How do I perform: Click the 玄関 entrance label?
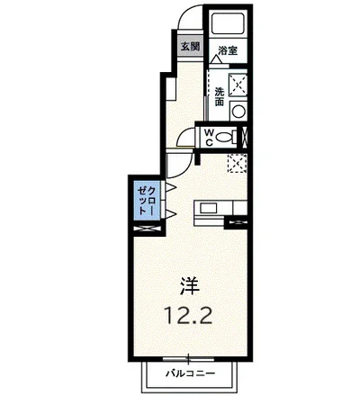click(190, 47)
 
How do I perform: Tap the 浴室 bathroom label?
click(228, 50)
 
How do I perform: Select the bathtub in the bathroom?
click(228, 23)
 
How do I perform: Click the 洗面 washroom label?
click(220, 96)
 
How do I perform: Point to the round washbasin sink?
click(238, 112)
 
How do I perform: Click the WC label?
click(209, 138)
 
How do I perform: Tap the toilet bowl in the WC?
click(224, 138)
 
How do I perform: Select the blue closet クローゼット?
click(147, 200)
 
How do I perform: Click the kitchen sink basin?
click(209, 208)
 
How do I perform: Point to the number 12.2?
click(189, 314)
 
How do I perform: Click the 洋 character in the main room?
click(190, 285)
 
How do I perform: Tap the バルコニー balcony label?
click(191, 373)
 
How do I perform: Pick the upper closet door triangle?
click(170, 188)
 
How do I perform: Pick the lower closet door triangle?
click(170, 214)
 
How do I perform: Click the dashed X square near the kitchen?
click(238, 164)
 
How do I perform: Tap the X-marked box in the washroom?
click(238, 85)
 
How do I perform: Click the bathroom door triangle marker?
click(216, 59)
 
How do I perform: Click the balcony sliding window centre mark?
click(188, 358)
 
